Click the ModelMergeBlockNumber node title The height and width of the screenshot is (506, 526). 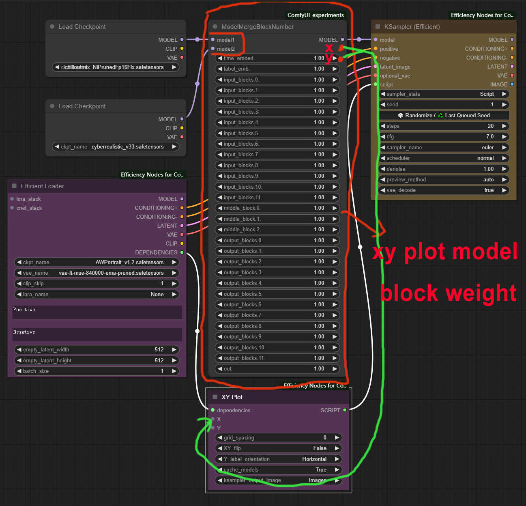[258, 27]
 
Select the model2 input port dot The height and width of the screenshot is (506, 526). [213, 49]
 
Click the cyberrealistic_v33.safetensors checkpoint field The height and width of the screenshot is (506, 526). [116, 147]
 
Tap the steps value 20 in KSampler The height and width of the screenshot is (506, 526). [490, 126]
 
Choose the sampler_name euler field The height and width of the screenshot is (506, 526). [444, 148]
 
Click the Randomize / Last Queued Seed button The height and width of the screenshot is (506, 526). [444, 116]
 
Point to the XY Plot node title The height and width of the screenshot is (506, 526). [232, 397]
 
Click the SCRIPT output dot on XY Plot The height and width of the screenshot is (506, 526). [345, 410]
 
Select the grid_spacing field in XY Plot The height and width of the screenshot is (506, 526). [278, 438]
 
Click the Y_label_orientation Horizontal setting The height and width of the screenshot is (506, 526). [278, 459]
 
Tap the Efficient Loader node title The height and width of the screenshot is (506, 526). [43, 186]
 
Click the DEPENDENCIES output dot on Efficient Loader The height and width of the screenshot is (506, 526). [182, 252]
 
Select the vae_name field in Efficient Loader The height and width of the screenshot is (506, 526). [97, 273]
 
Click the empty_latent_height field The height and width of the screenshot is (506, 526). [97, 361]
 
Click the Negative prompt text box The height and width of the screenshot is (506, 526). [97, 335]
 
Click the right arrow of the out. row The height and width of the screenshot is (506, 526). [335, 369]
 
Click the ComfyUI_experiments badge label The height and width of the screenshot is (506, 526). [316, 15]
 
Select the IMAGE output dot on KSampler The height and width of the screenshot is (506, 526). [512, 84]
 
